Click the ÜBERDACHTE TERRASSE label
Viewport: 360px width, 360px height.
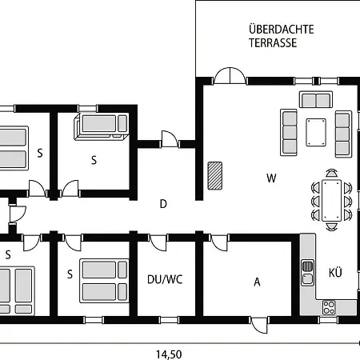point(281,36)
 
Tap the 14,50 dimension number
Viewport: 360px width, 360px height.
point(169,354)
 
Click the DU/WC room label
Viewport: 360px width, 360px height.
point(165,279)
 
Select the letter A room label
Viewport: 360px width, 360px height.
point(257,282)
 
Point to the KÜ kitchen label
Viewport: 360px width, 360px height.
point(335,272)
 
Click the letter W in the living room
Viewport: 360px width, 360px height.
point(271,178)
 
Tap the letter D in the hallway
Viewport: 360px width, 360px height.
point(163,204)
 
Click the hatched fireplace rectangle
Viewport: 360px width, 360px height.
point(215,176)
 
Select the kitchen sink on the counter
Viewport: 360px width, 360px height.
point(308,273)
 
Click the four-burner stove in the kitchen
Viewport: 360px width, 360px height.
point(329,307)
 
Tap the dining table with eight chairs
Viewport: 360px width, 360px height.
point(331,201)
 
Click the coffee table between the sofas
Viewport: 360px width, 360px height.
point(316,132)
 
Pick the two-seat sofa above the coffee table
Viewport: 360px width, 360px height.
point(316,99)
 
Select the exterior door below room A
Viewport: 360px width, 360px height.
point(259,324)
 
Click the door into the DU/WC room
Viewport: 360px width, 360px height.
point(158,242)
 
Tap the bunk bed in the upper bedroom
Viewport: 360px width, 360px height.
point(101,126)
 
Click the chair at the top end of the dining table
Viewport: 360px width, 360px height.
point(331,173)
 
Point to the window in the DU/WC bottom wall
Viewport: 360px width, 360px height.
point(169,320)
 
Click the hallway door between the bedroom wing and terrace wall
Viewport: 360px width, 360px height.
point(170,139)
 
